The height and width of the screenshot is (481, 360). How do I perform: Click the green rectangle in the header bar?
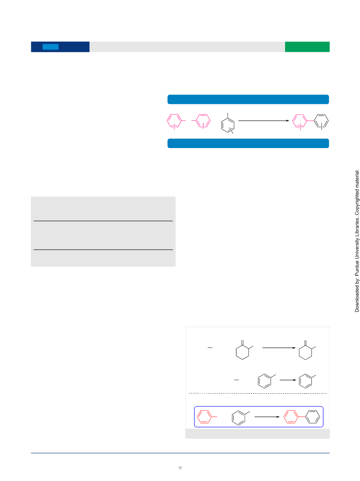pyautogui.click(x=307, y=47)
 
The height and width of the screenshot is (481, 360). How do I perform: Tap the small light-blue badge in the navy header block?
pyautogui.click(x=50, y=47)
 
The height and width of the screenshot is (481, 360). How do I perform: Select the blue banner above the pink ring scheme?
pyautogui.click(x=248, y=99)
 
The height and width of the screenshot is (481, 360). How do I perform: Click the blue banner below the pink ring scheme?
pyautogui.click(x=248, y=143)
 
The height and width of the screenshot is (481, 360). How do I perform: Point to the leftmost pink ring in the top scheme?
pyautogui.click(x=168, y=121)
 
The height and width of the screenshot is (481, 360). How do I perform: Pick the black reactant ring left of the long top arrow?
pyautogui.click(x=222, y=125)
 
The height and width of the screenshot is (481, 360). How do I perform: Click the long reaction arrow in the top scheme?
pyautogui.click(x=264, y=120)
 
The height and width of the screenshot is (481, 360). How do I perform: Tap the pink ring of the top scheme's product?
pyautogui.click(x=292, y=121)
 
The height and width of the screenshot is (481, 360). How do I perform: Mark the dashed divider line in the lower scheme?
pyautogui.click(x=257, y=393)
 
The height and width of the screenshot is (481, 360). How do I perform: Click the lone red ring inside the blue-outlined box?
pyautogui.click(x=197, y=417)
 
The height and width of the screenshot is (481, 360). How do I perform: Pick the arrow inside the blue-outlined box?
pyautogui.click(x=267, y=417)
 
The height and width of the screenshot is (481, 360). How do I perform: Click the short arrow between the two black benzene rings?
pyautogui.click(x=288, y=380)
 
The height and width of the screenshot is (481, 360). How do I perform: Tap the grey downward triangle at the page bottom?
pyautogui.click(x=180, y=468)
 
